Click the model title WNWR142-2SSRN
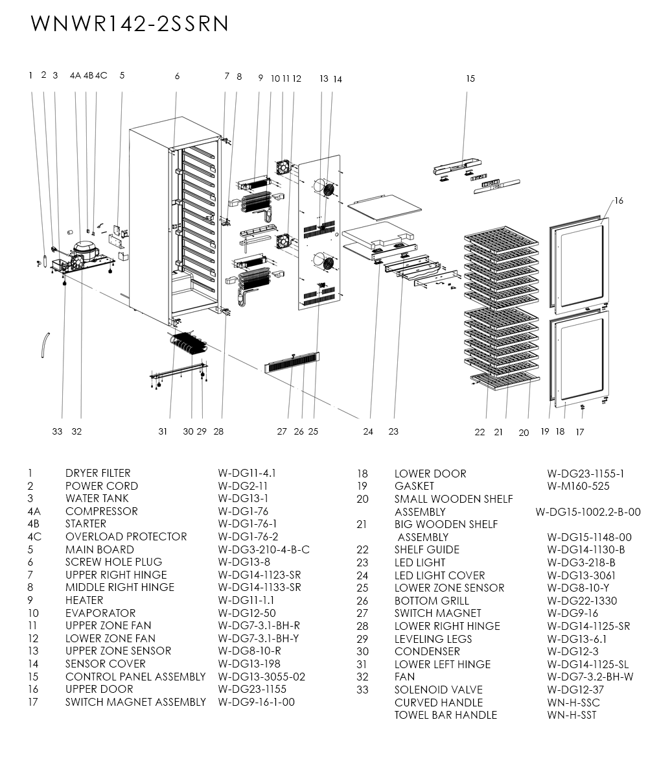click(130, 23)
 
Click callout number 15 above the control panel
click(470, 78)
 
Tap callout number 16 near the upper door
click(619, 201)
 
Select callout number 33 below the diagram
click(58, 431)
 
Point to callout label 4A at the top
click(75, 75)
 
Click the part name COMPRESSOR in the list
click(101, 511)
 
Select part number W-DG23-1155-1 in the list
click(585, 474)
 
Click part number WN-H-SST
click(572, 715)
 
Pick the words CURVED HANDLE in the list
click(438, 703)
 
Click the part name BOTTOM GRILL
click(432, 601)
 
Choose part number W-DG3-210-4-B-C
click(264, 549)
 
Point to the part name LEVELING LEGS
click(433, 639)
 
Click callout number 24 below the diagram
click(368, 432)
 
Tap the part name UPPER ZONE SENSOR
click(118, 651)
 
